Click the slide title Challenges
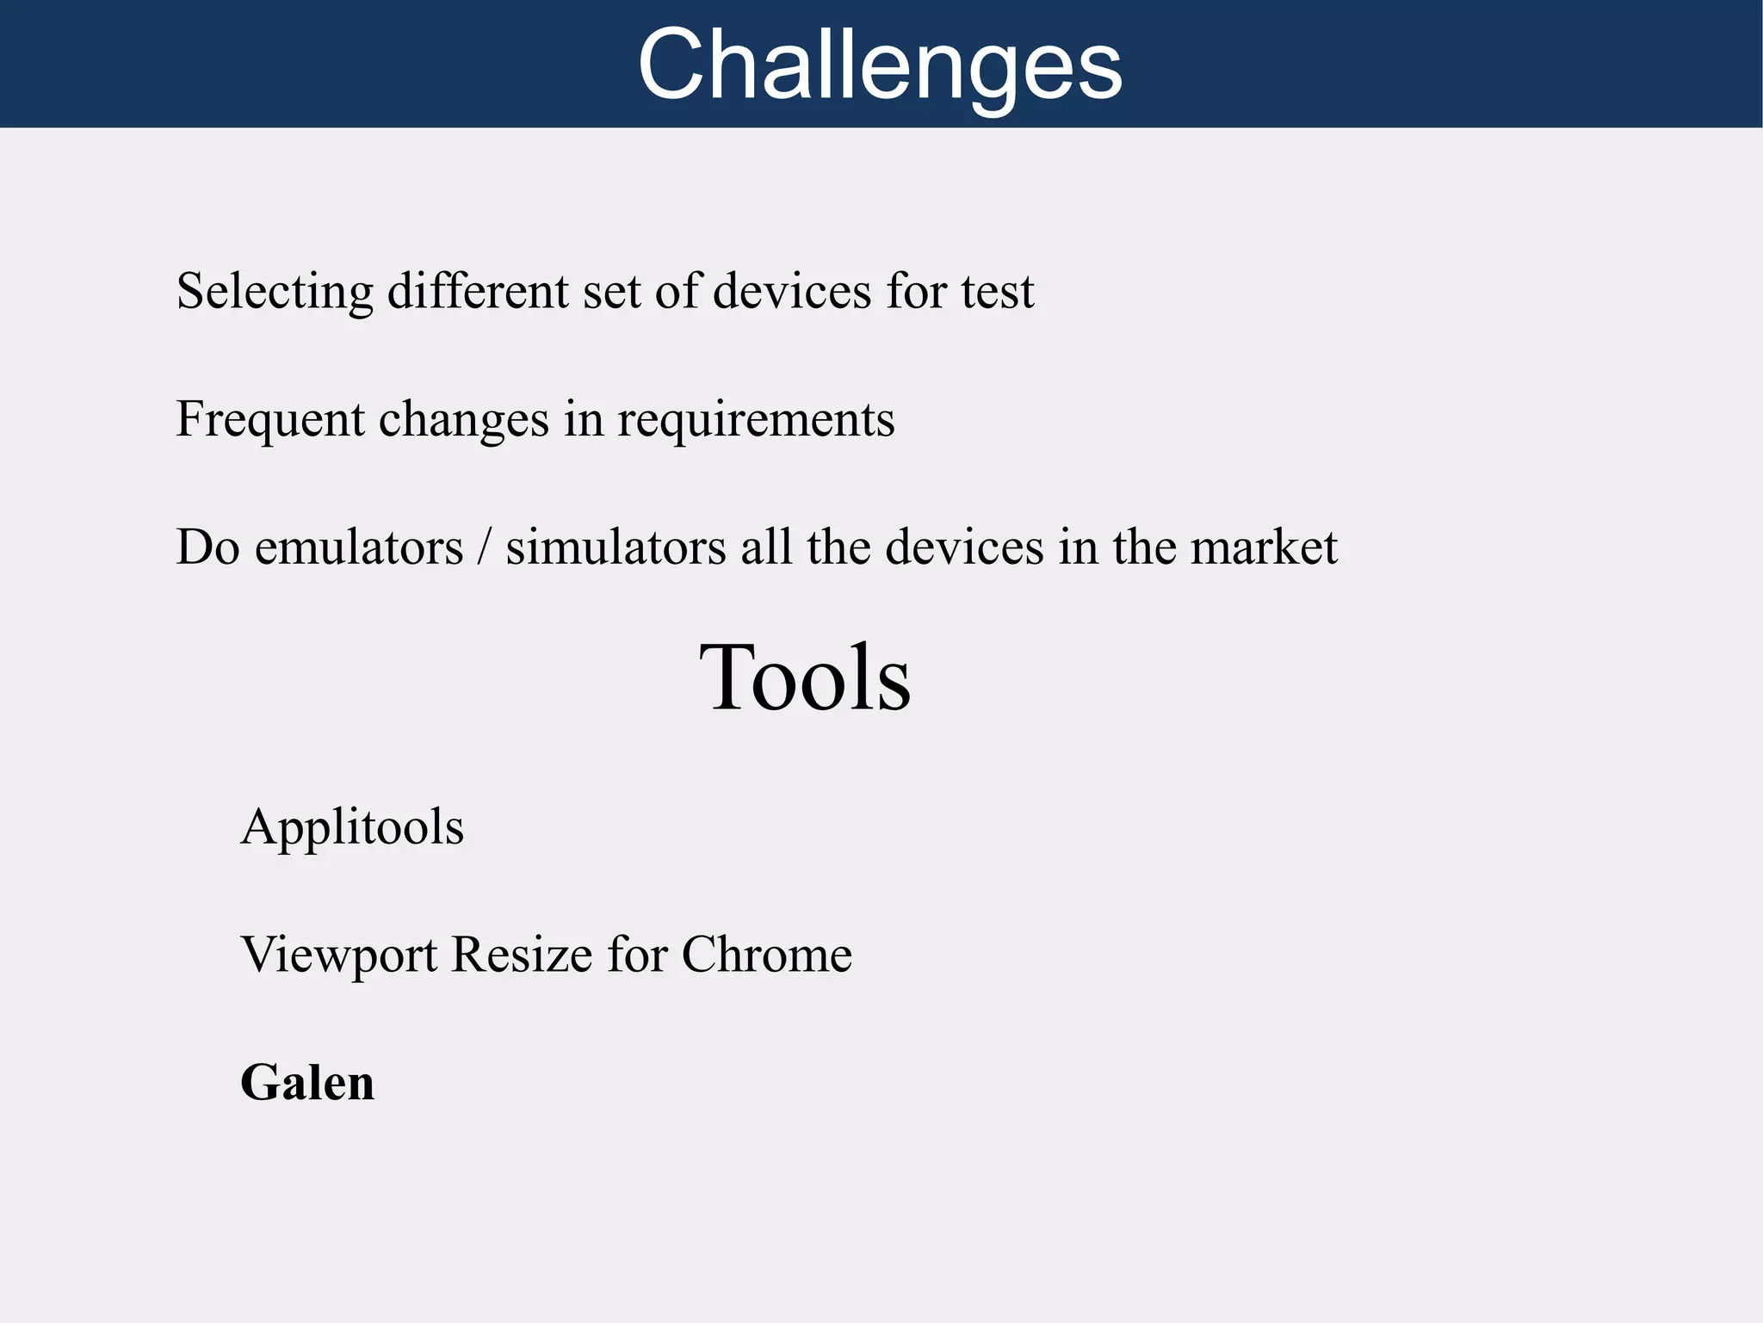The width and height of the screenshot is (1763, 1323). [x=880, y=65]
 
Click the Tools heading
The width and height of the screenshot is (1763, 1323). [x=805, y=678]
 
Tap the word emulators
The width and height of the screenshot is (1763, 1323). [x=358, y=547]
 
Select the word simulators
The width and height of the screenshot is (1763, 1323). [x=616, y=547]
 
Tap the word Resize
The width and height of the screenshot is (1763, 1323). [x=522, y=955]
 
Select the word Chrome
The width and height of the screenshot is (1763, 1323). [x=766, y=955]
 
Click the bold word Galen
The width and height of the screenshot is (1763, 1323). [x=307, y=1083]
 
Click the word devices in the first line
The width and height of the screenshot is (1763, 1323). [x=792, y=291]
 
